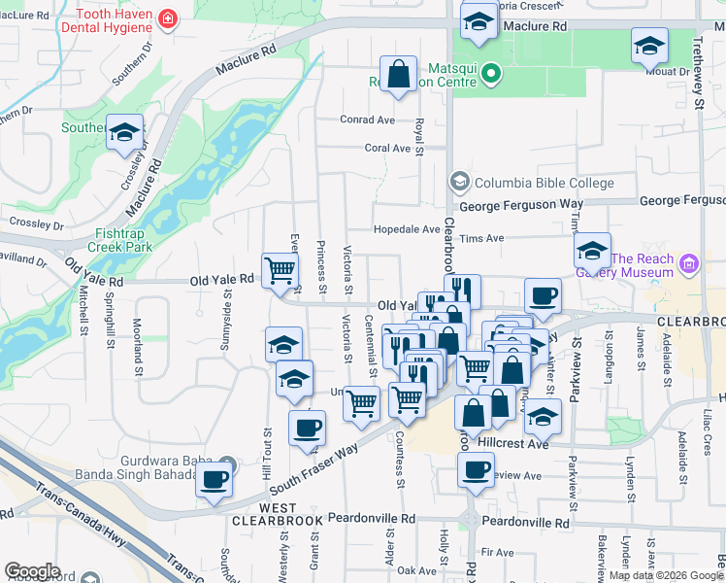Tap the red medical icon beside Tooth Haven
tap(168, 18)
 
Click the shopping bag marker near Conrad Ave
tap(398, 74)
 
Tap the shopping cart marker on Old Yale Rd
tap(280, 270)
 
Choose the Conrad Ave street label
tap(367, 120)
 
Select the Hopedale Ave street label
tap(408, 229)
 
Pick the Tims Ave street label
tap(481, 238)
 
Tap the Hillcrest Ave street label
tap(513, 441)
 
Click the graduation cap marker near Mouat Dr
tap(649, 46)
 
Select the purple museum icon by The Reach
tap(690, 263)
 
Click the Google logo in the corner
tap(32, 571)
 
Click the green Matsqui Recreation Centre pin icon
tap(491, 73)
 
